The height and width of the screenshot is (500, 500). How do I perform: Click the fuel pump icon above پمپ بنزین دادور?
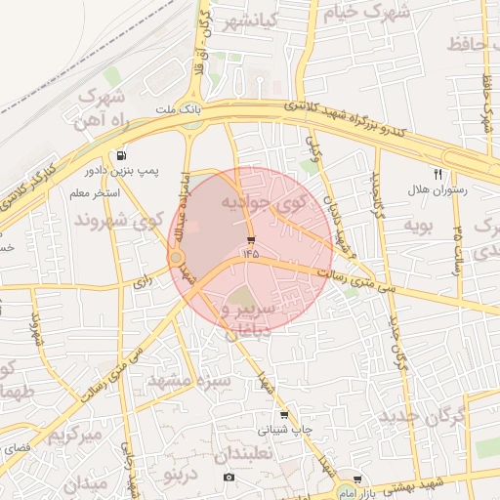click(x=120, y=155)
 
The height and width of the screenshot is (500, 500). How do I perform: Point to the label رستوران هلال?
click(x=437, y=190)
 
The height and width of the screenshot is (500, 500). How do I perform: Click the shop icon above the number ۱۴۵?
click(x=251, y=239)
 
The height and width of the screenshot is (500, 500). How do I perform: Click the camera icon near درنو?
click(x=228, y=477)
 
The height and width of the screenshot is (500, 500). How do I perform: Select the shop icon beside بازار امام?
click(x=357, y=479)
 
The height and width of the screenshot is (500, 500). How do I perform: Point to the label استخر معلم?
click(x=95, y=194)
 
